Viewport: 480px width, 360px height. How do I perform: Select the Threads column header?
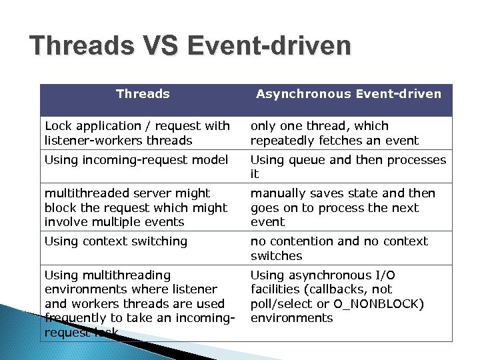pos(143,94)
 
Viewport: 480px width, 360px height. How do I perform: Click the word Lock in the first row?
pos(57,126)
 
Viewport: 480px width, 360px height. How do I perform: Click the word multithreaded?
pos(86,193)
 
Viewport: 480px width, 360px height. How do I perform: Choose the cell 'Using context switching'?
pos(116,241)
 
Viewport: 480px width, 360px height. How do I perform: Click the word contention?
pos(299,241)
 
